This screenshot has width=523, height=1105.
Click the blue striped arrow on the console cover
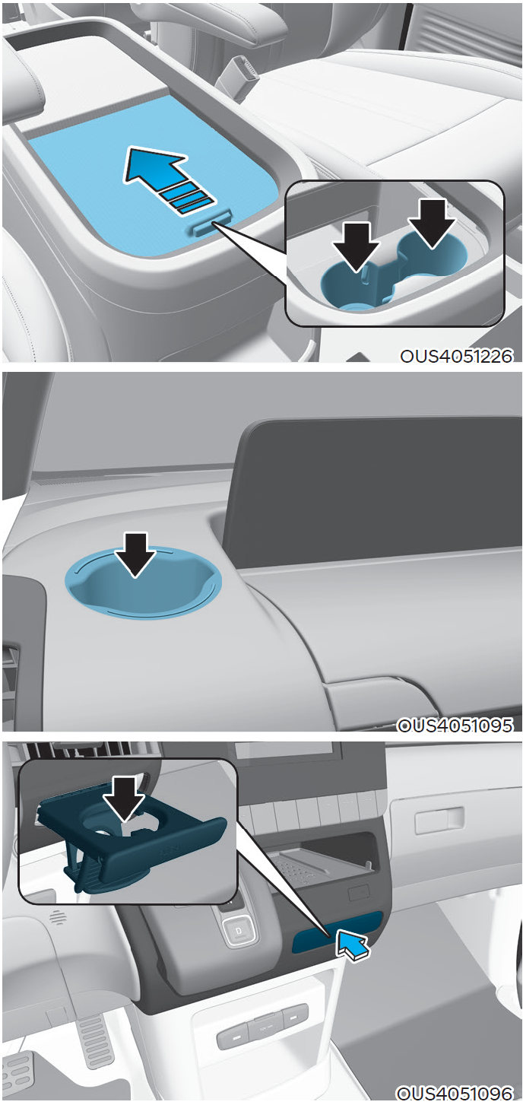click(x=165, y=178)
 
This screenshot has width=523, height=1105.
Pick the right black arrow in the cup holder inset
click(x=432, y=223)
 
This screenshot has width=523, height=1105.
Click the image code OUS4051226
click(x=456, y=356)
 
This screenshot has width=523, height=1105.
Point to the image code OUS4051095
click(x=455, y=725)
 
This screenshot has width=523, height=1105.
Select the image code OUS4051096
click(x=455, y=1092)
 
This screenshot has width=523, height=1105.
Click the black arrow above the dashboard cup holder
click(x=135, y=554)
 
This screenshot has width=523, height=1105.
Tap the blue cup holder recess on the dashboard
click(x=143, y=582)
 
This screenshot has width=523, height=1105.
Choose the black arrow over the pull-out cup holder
click(x=125, y=799)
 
